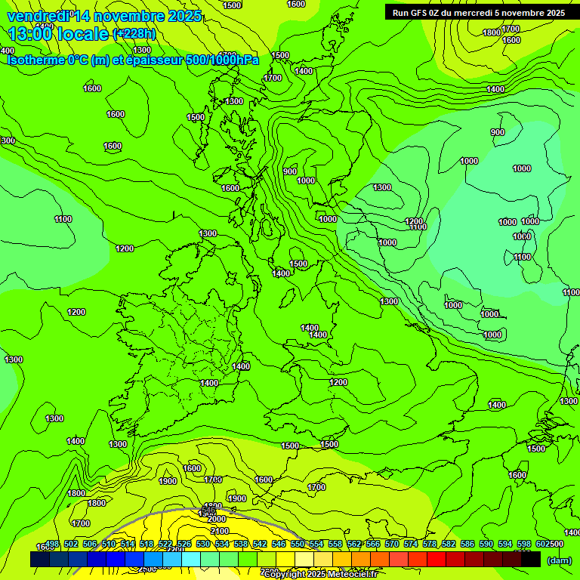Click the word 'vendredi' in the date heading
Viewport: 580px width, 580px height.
[x=36, y=16]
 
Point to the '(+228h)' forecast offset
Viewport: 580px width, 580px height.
[x=134, y=34]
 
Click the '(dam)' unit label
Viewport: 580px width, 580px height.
[x=558, y=560]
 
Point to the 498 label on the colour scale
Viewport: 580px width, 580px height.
[x=52, y=545]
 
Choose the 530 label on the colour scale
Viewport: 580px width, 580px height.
[x=203, y=545]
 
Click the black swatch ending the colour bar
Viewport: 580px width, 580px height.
[x=532, y=559]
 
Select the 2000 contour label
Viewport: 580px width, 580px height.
[x=217, y=519]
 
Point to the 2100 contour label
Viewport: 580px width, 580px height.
[x=219, y=531]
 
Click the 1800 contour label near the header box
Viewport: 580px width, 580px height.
[x=492, y=32]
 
